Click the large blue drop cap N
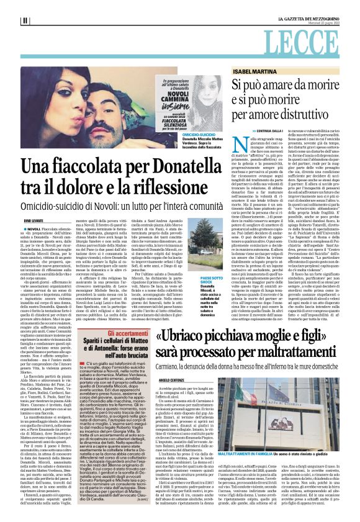[x=226, y=148]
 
